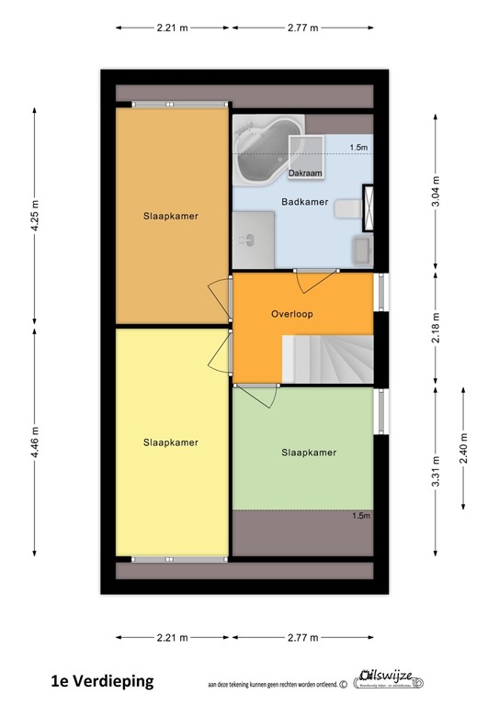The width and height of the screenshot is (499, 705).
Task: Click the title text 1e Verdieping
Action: coord(102,680)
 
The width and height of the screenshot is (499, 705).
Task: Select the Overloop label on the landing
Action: coord(292,314)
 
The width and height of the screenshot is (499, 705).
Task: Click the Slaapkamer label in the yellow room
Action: coord(171,442)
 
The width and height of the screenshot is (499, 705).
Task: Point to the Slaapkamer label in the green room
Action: coord(308,453)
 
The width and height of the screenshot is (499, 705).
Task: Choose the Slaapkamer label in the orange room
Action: coord(171,217)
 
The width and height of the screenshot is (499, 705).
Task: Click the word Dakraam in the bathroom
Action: coord(304,173)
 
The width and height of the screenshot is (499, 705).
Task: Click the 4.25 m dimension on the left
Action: coord(35,218)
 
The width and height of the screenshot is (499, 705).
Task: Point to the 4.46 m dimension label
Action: coord(35,442)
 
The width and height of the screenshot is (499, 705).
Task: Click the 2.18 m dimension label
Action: coord(436,327)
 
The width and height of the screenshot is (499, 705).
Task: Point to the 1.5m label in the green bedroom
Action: coord(360,516)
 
